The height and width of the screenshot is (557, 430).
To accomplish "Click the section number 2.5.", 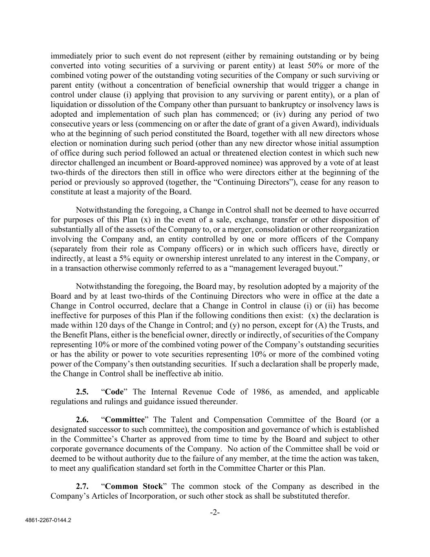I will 82,392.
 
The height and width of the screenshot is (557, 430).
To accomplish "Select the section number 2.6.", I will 82,420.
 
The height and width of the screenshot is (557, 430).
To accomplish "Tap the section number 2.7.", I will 82,486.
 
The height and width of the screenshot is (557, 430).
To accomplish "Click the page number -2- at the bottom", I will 215,512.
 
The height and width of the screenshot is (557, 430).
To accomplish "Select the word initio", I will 213,374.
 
